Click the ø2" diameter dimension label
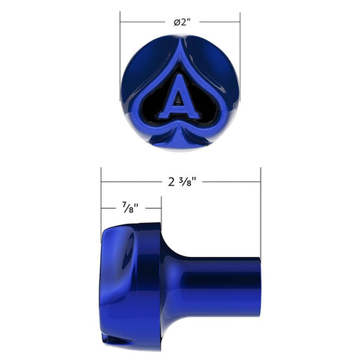(181, 21)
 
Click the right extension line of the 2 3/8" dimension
(260, 216)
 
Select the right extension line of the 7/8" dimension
(161, 216)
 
